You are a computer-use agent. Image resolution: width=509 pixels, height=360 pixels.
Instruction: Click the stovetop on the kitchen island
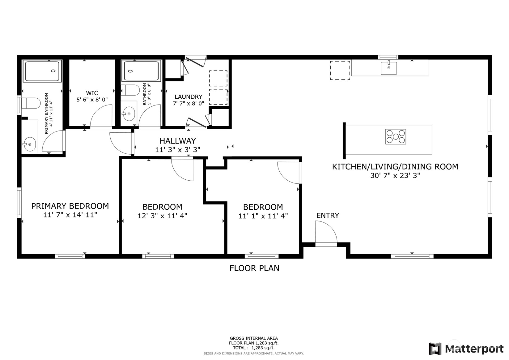[395, 137]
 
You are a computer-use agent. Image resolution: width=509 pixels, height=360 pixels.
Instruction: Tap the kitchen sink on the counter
[388, 68]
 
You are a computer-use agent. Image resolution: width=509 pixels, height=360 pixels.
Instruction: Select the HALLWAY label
[177, 141]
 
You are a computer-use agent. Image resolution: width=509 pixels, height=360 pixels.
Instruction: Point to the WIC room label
[92, 93]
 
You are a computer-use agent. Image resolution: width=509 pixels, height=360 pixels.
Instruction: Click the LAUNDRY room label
[188, 97]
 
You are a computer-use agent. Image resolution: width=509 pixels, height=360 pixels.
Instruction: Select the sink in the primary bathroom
[29, 144]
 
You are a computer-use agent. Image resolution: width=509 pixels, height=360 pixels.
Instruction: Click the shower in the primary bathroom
[42, 71]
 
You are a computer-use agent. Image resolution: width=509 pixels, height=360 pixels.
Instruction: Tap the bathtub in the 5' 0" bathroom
[141, 71]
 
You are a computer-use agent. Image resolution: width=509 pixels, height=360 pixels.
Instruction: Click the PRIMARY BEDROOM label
[70, 206]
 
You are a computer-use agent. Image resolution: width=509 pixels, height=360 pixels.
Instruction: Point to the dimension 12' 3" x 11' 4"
[162, 216]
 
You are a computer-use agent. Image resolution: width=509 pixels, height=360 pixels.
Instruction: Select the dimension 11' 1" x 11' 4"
[263, 216]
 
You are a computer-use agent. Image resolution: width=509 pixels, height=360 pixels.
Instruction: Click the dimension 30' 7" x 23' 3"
[395, 176]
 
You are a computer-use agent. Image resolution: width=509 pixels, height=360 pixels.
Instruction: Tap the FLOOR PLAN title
[254, 268]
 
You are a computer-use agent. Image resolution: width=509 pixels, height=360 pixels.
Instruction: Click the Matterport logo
[466, 349]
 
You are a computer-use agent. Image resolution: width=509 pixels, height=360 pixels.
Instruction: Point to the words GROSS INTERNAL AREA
[253, 338]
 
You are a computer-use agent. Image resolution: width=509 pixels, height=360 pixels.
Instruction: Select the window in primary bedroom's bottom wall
[70, 256]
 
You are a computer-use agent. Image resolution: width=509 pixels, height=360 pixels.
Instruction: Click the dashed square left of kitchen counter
[340, 71]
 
